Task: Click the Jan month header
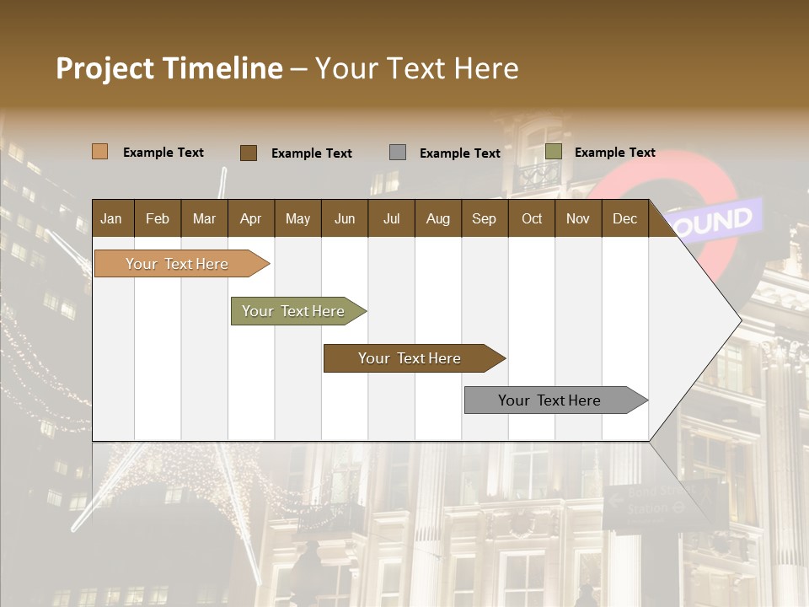[111, 218]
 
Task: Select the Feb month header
[158, 218]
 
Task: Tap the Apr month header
[250, 218]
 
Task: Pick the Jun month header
[345, 218]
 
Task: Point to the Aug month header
[437, 218]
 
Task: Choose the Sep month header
[484, 218]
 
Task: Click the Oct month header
[532, 218]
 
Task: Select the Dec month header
[624, 218]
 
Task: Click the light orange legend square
[99, 152]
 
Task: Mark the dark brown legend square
[248, 153]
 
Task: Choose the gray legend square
[398, 153]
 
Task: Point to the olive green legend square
[553, 152]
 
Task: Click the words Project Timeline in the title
[169, 68]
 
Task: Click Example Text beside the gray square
[459, 153]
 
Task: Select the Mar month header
[204, 218]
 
